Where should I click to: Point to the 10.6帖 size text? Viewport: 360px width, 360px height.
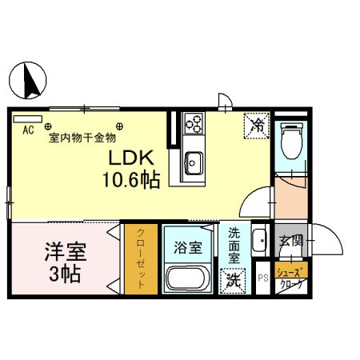click(x=130, y=180)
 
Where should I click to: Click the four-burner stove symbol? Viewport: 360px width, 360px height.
click(x=194, y=123)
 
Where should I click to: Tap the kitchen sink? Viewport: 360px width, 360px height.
click(x=194, y=164)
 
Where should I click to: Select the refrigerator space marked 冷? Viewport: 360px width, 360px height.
click(x=257, y=125)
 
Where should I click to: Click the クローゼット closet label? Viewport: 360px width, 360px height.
click(x=141, y=258)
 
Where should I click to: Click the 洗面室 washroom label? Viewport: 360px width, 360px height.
click(x=234, y=246)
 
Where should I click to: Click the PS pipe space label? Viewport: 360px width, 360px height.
click(x=262, y=279)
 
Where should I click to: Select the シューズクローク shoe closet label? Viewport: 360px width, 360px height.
click(x=290, y=278)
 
